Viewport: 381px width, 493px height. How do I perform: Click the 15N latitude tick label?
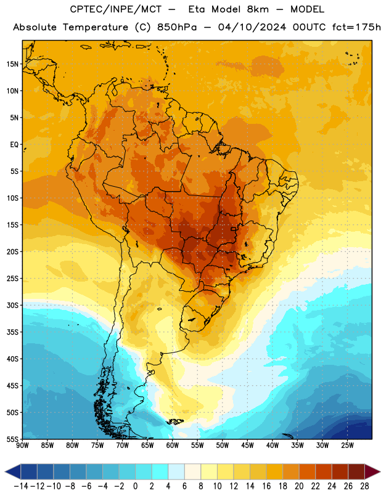point(12,64)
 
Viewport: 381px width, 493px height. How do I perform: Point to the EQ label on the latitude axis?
point(14,145)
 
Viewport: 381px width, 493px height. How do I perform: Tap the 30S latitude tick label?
point(12,305)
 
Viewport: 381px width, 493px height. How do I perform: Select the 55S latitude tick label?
point(12,439)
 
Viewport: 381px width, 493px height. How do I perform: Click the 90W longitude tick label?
point(22,446)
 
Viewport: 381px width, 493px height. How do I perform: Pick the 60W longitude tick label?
point(173,446)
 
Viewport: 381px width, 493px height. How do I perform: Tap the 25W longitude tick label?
point(347,446)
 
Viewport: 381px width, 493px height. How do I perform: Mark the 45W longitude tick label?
point(248,446)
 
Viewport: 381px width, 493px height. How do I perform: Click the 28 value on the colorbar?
point(364,486)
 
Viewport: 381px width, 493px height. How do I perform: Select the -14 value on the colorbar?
point(21,486)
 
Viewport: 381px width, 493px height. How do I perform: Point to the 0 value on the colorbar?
point(135,486)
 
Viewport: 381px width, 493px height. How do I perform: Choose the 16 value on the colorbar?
point(266,486)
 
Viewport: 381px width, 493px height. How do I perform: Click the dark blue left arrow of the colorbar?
point(13,471)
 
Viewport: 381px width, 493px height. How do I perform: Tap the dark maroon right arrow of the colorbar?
point(373,471)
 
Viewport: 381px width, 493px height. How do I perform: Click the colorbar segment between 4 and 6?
point(176,471)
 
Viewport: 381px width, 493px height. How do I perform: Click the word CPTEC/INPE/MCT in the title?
point(115,9)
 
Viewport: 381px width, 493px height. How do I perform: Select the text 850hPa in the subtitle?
point(177,27)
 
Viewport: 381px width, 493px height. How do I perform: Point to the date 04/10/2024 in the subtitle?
point(252,27)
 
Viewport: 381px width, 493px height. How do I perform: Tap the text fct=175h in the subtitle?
point(356,27)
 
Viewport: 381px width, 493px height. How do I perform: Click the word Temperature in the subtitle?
point(96,27)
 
